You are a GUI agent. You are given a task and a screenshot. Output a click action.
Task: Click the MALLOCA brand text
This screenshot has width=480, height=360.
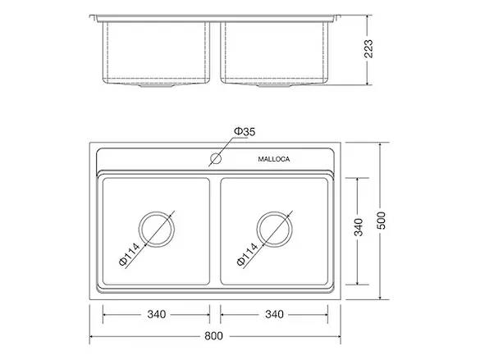coord(274,159)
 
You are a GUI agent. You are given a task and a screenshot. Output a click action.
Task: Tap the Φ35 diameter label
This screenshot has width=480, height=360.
coord(245,131)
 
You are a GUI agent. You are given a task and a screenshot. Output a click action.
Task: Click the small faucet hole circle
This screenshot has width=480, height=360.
coord(216,158)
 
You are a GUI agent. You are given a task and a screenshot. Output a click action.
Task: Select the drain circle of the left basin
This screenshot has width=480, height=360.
coord(157,229)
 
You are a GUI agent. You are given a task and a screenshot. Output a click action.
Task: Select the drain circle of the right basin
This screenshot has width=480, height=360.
coord(275,229)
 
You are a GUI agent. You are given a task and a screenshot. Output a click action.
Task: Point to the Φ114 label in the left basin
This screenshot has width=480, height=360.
coord(129,254)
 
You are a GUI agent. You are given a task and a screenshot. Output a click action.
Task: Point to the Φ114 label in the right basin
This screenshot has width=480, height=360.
coord(247,254)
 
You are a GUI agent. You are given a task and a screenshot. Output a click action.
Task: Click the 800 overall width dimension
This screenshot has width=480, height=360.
coord(213,336)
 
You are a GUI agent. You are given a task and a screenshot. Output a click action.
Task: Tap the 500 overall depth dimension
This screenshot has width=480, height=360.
coord(382,221)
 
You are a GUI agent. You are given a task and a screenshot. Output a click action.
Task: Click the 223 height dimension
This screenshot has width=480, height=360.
coord(368,48)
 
